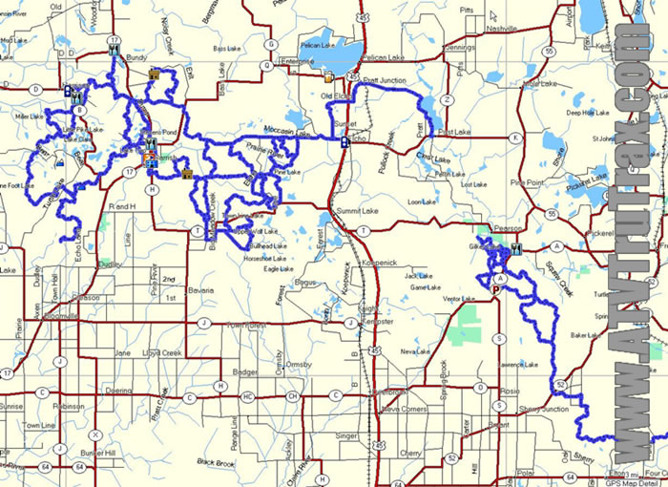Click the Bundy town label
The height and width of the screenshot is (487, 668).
136,57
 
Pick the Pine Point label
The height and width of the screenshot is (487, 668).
526,181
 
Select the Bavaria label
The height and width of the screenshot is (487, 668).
202,289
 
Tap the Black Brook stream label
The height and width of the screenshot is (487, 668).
217,461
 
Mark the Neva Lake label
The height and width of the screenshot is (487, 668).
416,351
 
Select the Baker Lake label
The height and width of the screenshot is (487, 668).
582,335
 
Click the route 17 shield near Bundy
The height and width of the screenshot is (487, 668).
115,41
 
